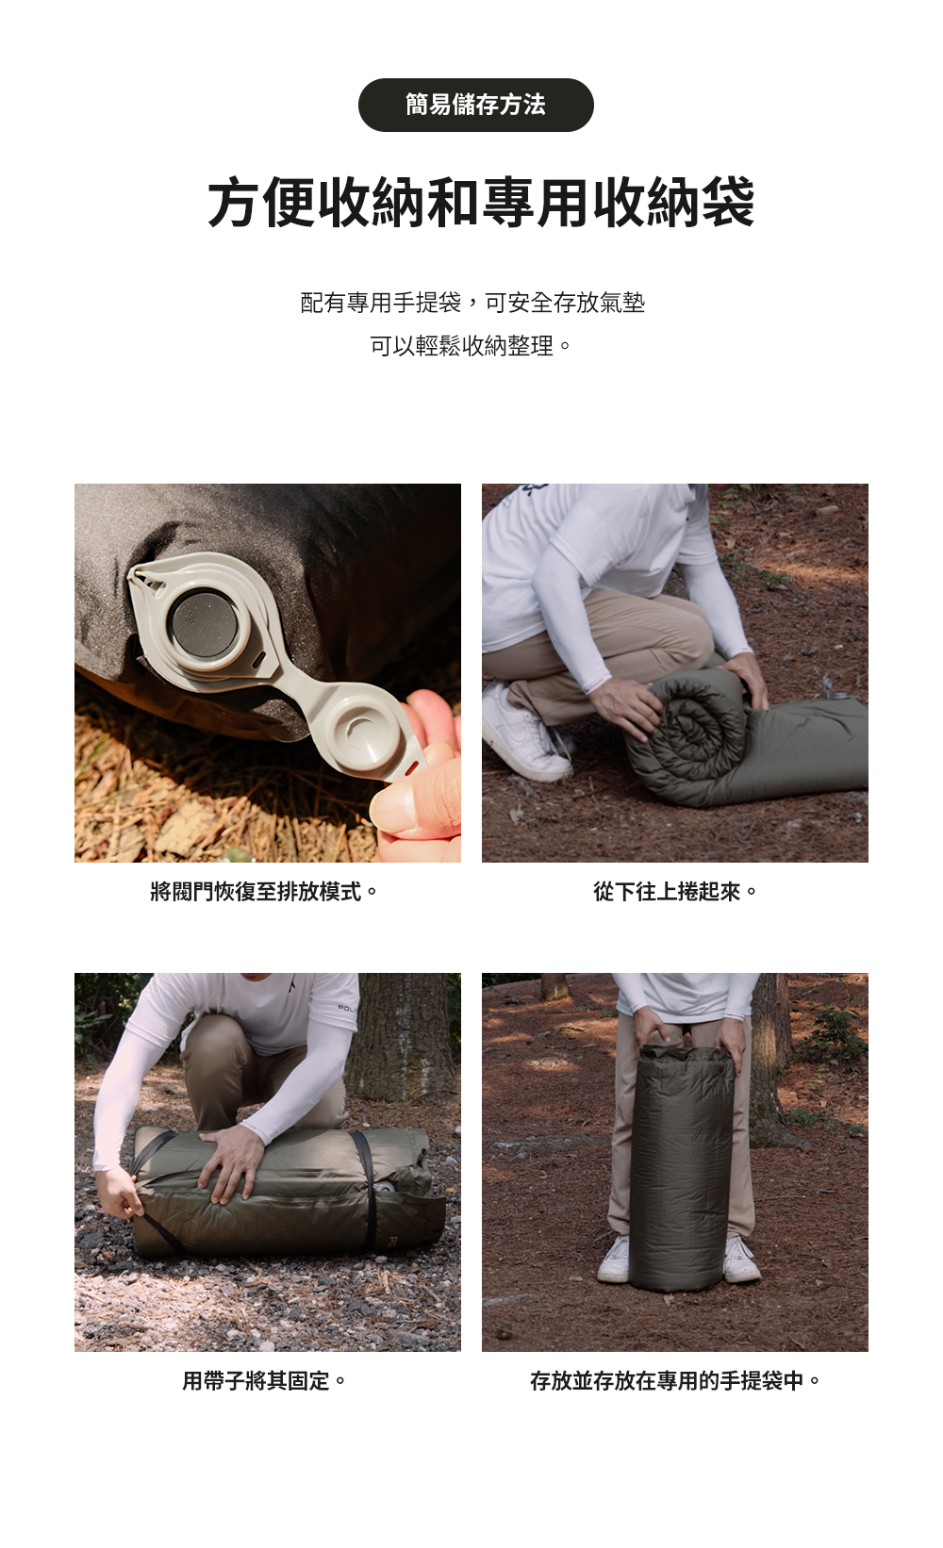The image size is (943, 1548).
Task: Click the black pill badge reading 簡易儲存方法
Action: coord(475,105)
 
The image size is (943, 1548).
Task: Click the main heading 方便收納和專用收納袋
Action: coord(481,203)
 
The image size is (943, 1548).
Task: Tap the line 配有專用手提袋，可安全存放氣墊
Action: coord(472,302)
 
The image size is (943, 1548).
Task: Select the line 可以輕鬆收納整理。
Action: coord(471,346)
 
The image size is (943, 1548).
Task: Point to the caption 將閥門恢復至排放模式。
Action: coord(264,892)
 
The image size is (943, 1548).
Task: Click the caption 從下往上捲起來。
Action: coord(675,892)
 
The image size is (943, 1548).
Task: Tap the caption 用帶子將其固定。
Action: coord(264,1381)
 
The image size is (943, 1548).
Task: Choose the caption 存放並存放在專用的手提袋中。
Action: coord(675,1381)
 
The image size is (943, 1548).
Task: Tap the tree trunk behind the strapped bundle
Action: coord(405,1037)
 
